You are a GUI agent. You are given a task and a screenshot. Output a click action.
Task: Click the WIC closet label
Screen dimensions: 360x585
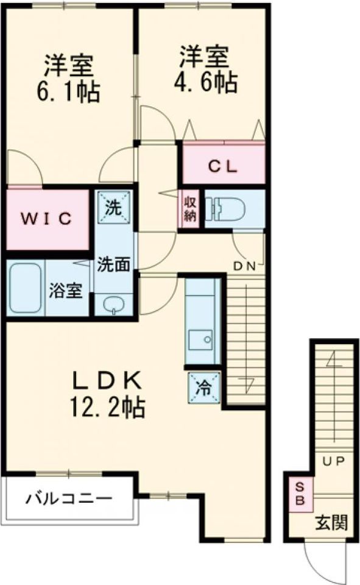(46, 219)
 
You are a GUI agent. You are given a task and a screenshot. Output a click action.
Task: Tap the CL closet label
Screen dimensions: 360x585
(222, 166)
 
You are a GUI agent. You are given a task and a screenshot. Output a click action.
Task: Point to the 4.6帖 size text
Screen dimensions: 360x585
(205, 82)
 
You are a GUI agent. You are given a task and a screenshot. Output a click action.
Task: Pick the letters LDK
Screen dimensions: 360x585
(108, 380)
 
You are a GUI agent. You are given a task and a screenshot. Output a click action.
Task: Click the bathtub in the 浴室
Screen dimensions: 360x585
(25, 288)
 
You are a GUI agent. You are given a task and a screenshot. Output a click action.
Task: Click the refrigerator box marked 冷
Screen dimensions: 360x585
(204, 388)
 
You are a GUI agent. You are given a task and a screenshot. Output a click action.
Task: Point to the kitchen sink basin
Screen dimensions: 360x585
(200, 339)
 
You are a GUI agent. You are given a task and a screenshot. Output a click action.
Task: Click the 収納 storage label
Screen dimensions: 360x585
(189, 209)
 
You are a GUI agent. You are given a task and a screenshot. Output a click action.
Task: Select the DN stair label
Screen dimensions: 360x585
(244, 266)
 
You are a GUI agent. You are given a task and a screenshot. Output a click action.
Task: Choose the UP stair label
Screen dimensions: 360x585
(333, 461)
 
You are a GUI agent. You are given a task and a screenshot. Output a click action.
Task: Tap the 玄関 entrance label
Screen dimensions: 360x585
(331, 522)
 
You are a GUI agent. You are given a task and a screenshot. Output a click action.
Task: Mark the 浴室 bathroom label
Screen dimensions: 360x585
(66, 290)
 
